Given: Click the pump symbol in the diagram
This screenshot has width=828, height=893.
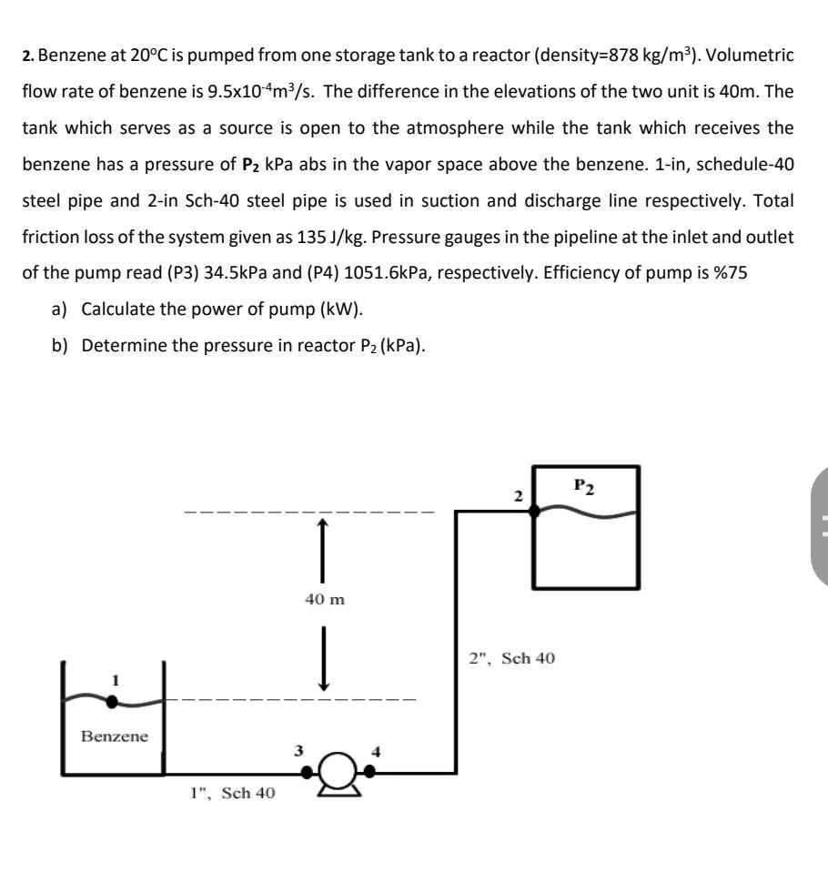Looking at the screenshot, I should click(x=338, y=773).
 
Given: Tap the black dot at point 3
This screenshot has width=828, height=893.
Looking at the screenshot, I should click(x=308, y=772).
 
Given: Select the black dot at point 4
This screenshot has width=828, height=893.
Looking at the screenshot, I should click(x=369, y=772).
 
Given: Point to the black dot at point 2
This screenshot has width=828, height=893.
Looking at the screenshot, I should click(x=534, y=512).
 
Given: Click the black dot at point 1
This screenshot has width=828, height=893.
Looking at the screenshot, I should click(x=111, y=701).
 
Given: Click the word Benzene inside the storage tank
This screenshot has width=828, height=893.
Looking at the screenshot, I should click(x=114, y=736).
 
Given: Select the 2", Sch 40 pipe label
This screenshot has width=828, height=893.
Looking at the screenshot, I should click(x=511, y=657).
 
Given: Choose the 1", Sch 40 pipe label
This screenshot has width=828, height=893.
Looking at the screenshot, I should click(x=232, y=793).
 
